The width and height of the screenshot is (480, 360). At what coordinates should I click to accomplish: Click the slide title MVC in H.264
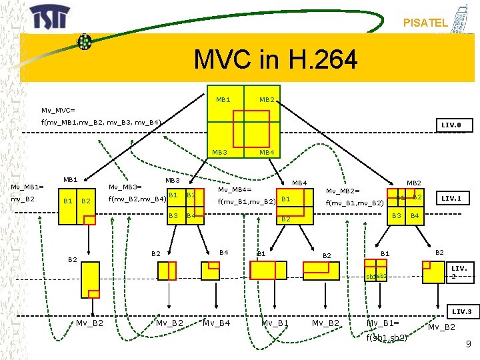point(275,60)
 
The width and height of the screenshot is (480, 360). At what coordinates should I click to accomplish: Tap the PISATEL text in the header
point(425,23)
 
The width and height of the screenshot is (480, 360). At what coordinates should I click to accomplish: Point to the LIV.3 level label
point(461,311)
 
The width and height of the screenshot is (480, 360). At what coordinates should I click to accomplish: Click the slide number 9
point(469,344)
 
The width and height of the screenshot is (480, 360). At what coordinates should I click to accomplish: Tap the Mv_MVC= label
point(58,109)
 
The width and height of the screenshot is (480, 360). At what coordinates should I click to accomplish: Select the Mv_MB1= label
point(24,187)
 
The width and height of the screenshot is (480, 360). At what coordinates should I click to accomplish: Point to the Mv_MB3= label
point(125,187)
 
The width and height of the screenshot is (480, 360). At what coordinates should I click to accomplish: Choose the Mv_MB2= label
point(343,191)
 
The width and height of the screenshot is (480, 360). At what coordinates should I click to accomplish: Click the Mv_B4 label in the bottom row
point(216,323)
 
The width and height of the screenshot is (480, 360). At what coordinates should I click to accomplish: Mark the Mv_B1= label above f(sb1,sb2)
point(383,323)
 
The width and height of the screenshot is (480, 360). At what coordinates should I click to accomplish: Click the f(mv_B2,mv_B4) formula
point(137,199)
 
